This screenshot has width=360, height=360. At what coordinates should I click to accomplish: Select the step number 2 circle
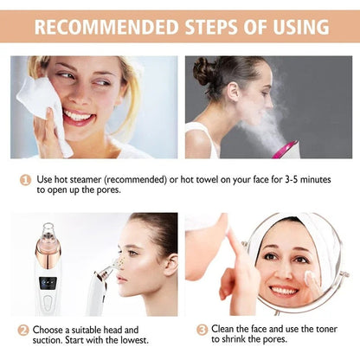point(23,330)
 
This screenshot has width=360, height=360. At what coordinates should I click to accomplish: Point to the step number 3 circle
point(202,330)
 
